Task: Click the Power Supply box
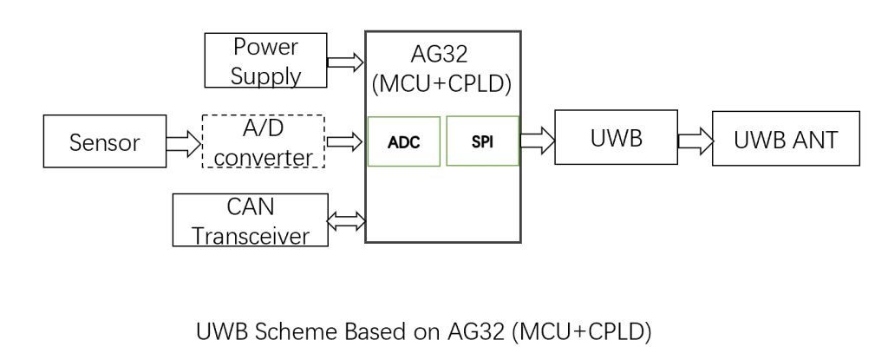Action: [265, 60]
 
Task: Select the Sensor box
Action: [105, 141]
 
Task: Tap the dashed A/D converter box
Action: [264, 141]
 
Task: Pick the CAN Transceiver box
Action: [251, 220]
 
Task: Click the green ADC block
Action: [404, 141]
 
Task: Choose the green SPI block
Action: [482, 141]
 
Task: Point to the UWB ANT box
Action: [786, 138]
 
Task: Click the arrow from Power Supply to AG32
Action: [345, 62]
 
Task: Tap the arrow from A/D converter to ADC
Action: [344, 141]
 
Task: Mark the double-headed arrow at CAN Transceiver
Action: [347, 220]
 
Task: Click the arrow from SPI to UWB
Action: [537, 140]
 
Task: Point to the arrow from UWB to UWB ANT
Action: [695, 140]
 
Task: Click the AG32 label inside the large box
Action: [440, 55]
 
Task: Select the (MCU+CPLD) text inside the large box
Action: [442, 84]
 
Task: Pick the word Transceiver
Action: [251, 236]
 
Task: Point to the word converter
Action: [264, 158]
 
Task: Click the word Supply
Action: [265, 76]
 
